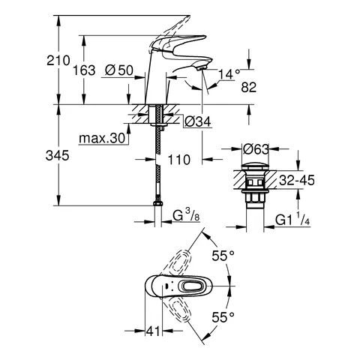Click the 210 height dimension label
(58, 61)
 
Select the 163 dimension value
(84, 70)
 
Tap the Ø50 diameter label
(119, 70)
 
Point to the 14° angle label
(229, 74)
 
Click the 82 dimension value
(249, 88)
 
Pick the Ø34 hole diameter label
(197, 121)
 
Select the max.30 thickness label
(102, 138)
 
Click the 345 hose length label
(57, 155)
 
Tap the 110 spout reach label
(178, 160)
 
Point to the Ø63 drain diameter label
(256, 149)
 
